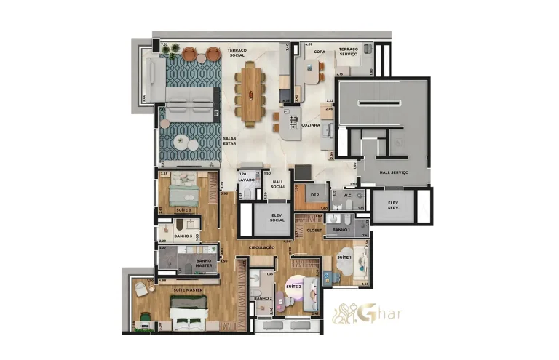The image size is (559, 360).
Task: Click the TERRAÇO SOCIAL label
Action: (237, 53)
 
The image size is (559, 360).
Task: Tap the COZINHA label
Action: (312, 125)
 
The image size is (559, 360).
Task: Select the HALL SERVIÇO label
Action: (394, 172)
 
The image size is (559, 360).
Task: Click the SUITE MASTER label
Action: (187, 290)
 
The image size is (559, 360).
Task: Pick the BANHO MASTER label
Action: (204, 263)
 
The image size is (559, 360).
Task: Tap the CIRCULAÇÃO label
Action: (261, 247)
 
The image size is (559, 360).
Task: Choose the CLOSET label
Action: (314, 230)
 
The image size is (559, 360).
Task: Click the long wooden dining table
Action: (252, 92)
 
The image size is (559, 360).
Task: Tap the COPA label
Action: (320, 52)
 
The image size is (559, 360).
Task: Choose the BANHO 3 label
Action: (183, 236)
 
